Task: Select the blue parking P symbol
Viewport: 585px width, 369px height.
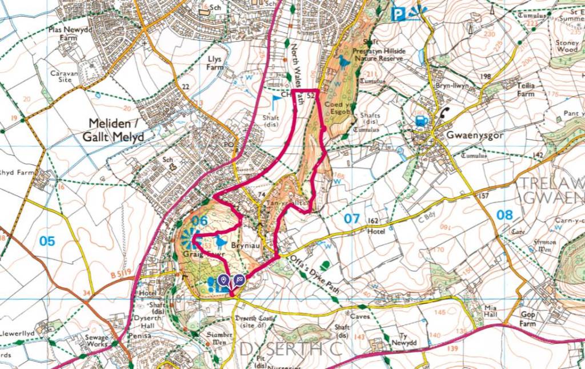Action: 398,14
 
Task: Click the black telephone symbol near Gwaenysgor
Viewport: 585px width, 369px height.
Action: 444,112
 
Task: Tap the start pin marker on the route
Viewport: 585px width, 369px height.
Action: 223,280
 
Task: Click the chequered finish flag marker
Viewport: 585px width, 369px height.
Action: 239,280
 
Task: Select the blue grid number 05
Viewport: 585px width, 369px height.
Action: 47,241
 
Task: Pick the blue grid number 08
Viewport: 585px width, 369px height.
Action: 504,215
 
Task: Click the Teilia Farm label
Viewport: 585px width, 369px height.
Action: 526,89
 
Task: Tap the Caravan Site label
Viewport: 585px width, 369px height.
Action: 62,77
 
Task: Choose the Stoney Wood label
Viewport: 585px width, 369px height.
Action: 567,46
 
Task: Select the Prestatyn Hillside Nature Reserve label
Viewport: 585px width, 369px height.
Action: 379,54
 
